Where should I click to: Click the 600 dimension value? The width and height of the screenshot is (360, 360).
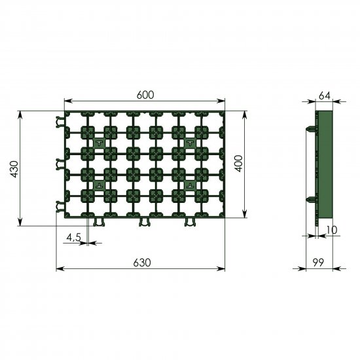(145, 95)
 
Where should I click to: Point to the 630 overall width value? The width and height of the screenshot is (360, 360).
(142, 262)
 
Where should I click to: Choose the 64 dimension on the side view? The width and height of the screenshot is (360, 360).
(324, 96)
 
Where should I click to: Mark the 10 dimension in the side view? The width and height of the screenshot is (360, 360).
(333, 230)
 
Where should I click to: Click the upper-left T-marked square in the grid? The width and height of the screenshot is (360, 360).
(99, 142)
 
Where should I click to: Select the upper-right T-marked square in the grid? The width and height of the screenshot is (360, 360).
(190, 142)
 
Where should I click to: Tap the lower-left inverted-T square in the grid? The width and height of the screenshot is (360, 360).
(99, 185)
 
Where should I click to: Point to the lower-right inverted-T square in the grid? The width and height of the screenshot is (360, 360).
(190, 185)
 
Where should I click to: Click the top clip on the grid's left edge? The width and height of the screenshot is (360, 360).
(60, 121)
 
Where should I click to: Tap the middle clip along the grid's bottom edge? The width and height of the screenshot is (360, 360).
(145, 224)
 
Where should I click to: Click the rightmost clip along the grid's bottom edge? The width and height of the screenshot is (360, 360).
(190, 224)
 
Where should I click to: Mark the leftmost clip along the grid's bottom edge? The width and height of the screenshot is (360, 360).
(99, 224)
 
